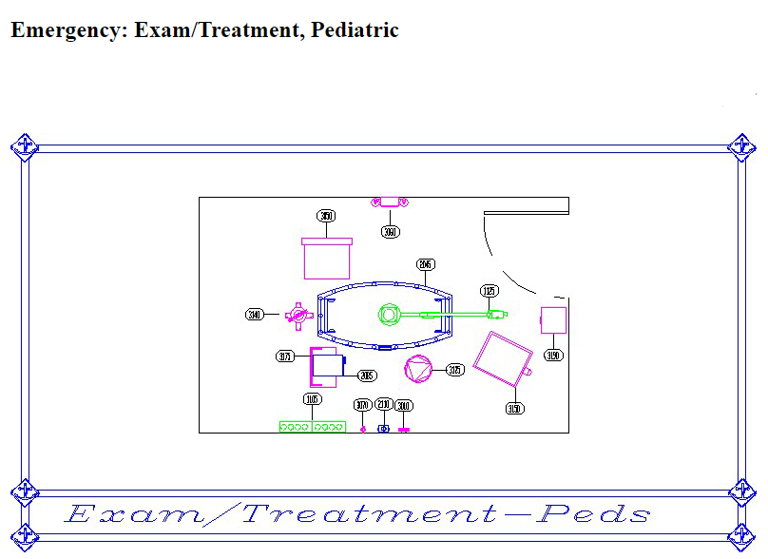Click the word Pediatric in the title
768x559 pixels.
click(355, 30)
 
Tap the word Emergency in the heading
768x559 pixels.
click(67, 30)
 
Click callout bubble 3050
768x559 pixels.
click(327, 216)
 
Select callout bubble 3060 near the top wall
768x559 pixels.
click(390, 232)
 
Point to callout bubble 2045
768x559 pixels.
click(426, 264)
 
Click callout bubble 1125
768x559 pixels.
click(490, 291)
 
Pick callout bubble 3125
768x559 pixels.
click(455, 370)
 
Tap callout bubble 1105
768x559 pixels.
click(312, 399)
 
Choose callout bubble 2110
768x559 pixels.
click(383, 405)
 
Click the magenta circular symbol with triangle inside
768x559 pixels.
click(417, 368)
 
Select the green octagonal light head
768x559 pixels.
click(388, 314)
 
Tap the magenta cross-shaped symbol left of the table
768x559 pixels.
click(298, 314)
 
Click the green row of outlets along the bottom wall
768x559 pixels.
click(312, 427)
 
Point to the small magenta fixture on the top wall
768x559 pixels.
click(390, 202)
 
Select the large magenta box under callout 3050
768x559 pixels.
click(327, 259)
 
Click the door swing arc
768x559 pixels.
click(498, 255)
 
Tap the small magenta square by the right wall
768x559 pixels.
click(553, 320)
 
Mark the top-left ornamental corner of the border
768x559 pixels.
click(24, 146)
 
